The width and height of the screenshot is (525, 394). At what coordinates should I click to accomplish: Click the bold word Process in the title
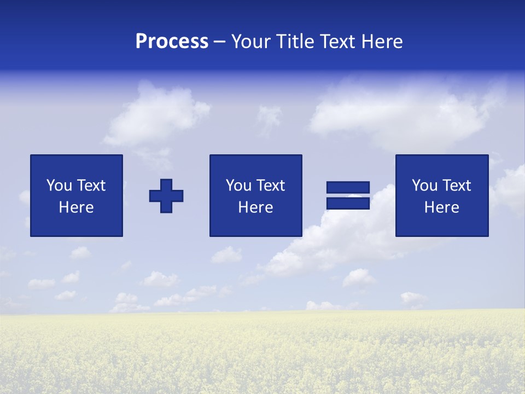coord(172,42)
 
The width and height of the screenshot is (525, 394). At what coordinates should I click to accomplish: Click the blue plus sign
coord(166,196)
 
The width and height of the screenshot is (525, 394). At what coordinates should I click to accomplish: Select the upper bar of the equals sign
coord(348,188)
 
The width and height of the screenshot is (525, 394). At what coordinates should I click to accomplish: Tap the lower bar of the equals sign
coord(348,204)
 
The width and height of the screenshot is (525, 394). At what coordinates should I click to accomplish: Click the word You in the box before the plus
coord(59,186)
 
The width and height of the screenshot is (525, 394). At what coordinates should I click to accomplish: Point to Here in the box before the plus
coord(77,207)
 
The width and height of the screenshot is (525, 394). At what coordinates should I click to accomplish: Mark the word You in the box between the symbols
coord(238,186)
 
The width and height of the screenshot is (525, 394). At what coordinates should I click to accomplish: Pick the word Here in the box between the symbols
coord(255,207)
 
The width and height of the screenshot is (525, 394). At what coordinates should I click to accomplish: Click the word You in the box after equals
coord(424,186)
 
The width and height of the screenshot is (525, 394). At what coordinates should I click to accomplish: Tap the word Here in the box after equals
coord(441,207)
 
